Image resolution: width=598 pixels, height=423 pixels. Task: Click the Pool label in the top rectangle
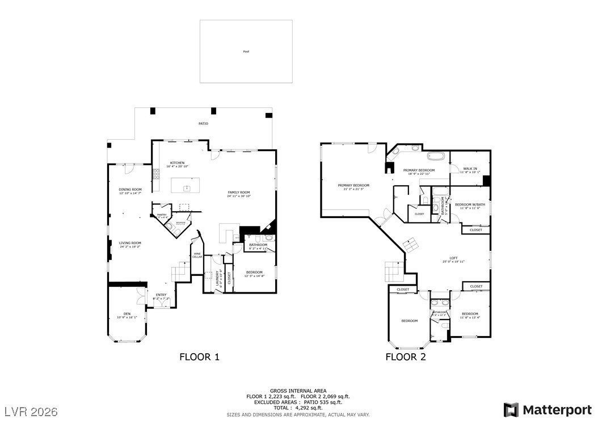[x=246, y=52]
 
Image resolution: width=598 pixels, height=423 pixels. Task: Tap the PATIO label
[x=203, y=123]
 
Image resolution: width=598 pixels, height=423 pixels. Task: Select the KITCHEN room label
[x=176, y=163]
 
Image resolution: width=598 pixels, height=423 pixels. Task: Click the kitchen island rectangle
[x=186, y=185]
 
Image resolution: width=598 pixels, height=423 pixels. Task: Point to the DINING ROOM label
[x=130, y=190]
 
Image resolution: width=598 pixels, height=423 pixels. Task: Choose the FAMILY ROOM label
[x=238, y=192]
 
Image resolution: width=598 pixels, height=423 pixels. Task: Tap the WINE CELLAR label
[x=197, y=255]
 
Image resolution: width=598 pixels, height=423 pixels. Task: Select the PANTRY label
[x=162, y=215]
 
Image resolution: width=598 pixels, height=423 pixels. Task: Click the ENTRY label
[x=161, y=294]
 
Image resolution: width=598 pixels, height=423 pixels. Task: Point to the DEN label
[x=127, y=314]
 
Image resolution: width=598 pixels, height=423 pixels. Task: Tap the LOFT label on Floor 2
[x=453, y=258]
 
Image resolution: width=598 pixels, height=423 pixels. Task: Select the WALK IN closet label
[x=470, y=169]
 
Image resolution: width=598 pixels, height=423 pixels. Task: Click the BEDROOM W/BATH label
[x=470, y=204]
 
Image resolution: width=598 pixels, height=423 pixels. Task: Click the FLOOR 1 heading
[x=199, y=357]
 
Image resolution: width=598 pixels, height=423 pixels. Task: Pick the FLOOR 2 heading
[x=406, y=357]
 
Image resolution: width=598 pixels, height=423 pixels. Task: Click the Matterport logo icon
[x=511, y=409]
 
